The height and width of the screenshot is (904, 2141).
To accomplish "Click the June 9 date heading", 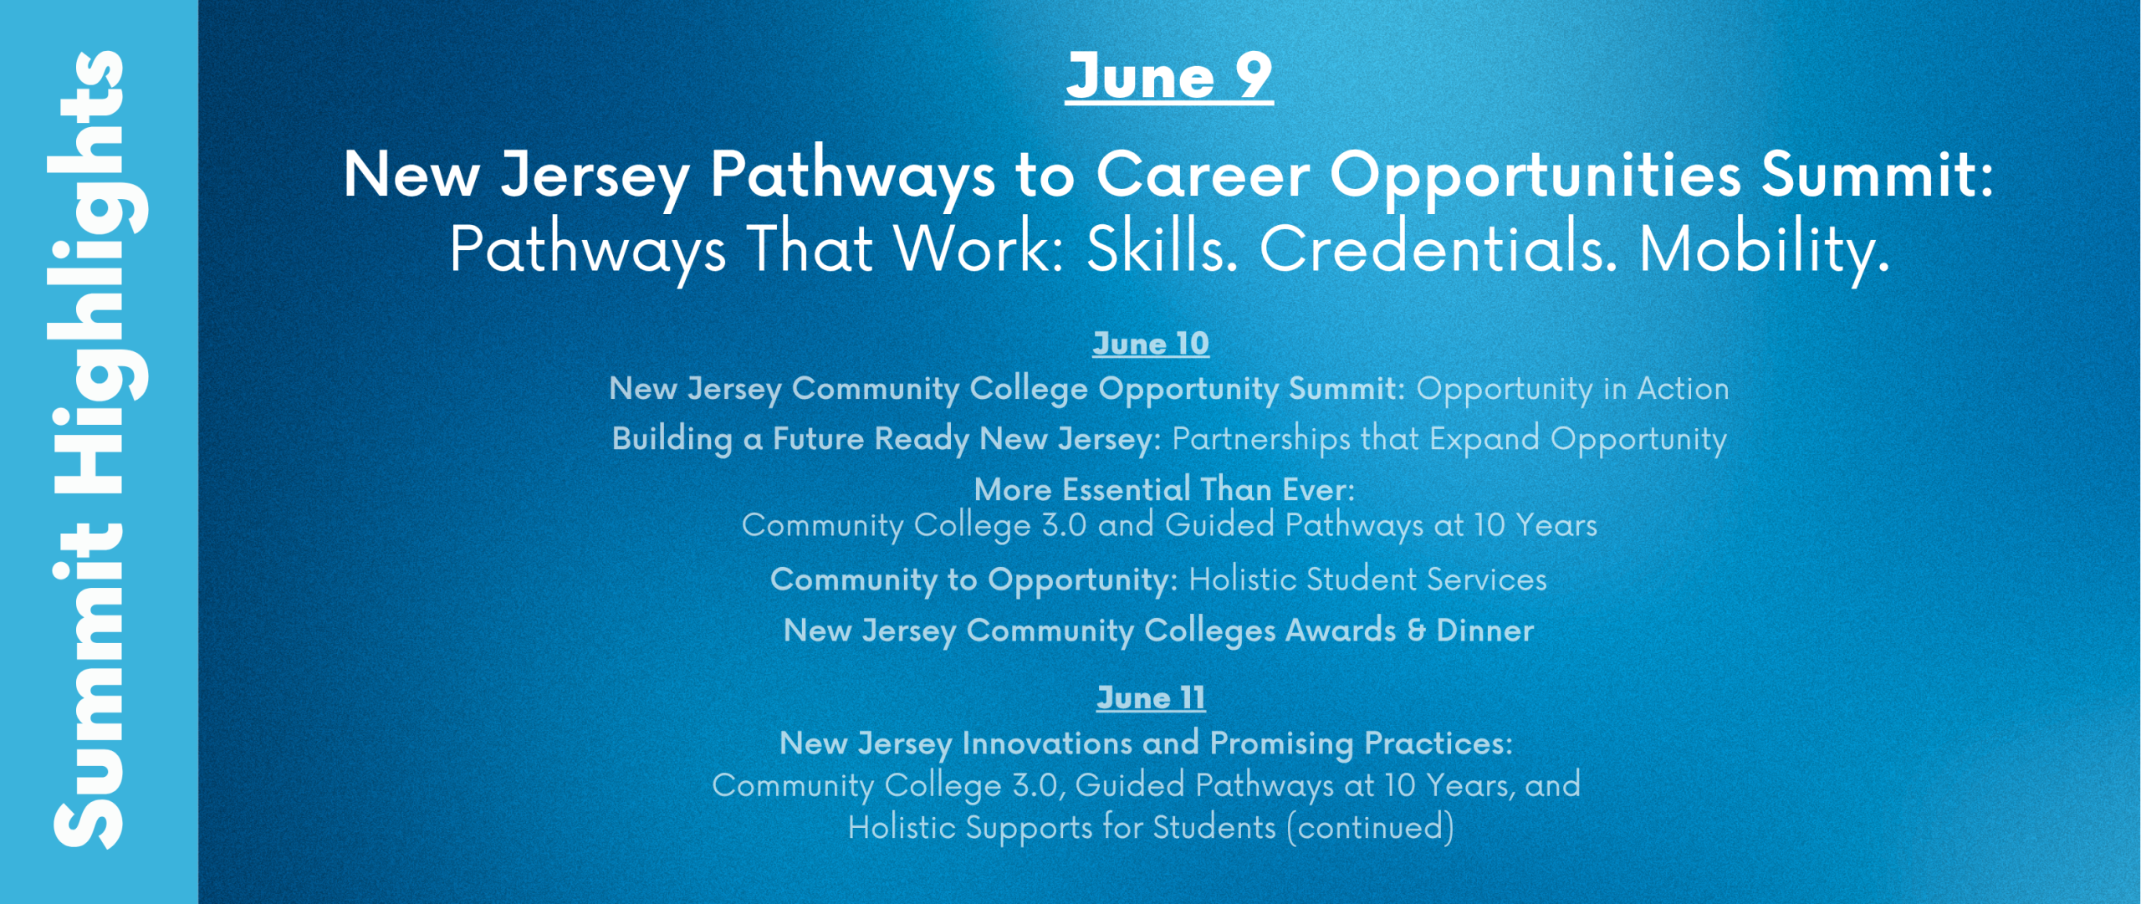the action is click(x=1169, y=76).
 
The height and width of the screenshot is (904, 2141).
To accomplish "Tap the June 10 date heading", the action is click(x=1151, y=344).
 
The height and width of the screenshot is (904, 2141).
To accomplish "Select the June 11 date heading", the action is click(x=1151, y=698).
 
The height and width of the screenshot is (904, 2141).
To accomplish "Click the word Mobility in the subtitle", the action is click(x=1764, y=250).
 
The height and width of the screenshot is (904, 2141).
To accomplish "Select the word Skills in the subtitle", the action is click(x=1162, y=249).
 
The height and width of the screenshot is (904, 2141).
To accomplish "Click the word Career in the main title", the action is click(x=1202, y=175).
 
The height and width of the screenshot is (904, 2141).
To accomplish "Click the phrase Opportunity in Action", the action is click(x=1572, y=390).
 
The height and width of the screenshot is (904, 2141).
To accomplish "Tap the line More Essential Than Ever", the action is click(x=1164, y=489).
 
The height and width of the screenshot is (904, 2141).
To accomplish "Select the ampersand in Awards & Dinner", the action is click(x=1416, y=631).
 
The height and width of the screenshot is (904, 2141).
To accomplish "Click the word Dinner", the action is click(x=1485, y=631).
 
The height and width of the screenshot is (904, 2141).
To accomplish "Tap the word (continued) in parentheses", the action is click(x=1370, y=828).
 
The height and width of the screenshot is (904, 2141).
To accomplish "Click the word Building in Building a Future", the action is click(x=672, y=440).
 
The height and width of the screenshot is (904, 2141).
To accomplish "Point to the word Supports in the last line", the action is click(x=1029, y=829).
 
